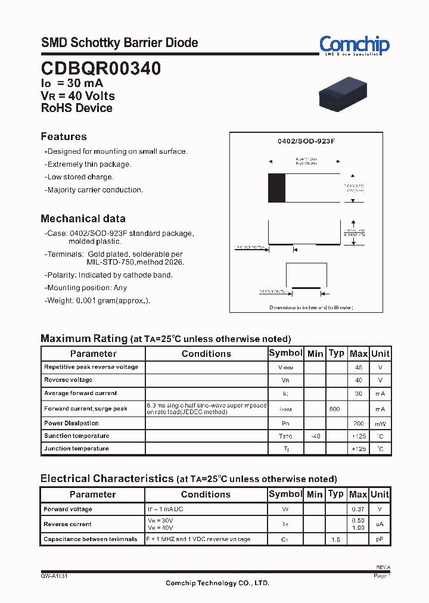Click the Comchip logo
point(354,45)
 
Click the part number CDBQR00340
point(101,69)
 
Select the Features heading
point(64,136)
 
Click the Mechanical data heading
point(83,218)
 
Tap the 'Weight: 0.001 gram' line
point(98,301)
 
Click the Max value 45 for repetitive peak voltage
point(358,368)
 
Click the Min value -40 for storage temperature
point(315,436)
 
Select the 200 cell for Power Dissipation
point(358,424)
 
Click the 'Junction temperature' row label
point(76,449)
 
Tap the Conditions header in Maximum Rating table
point(206,354)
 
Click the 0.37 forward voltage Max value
point(358,509)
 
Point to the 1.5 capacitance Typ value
point(336,539)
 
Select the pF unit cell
point(380,539)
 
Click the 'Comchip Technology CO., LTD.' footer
point(217,583)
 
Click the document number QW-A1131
point(58,576)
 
